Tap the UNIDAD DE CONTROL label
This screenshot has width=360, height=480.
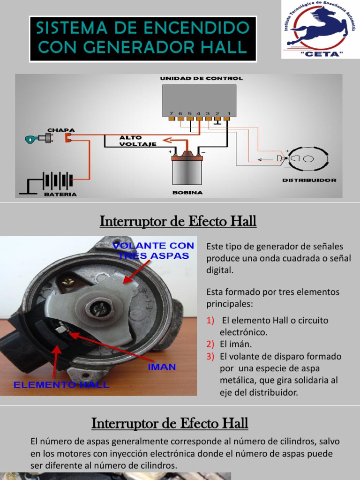coord(202,78)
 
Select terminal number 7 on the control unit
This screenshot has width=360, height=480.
coord(171,113)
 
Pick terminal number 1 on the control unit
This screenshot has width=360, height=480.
coord(228,113)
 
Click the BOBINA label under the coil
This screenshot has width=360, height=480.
coord(187,193)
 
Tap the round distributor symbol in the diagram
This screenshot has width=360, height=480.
coord(307,159)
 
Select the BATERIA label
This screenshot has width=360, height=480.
coord(60,194)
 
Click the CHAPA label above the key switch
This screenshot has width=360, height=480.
coord(61,130)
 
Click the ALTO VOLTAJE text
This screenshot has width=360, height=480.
coord(131,141)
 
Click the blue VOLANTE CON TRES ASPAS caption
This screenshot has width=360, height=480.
coord(153,250)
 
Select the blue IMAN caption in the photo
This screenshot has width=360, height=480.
coord(162,367)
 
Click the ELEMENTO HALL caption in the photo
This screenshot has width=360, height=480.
coord(61,385)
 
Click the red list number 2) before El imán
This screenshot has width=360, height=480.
coord(210,345)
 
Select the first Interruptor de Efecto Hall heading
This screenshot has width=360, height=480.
coord(178,221)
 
